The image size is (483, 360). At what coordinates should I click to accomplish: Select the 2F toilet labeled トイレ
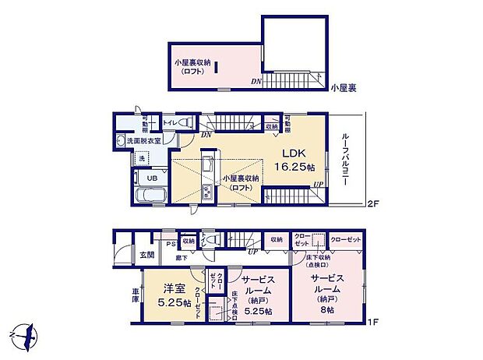(x=168, y=123)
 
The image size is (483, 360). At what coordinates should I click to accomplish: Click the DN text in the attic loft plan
(x=256, y=80)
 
